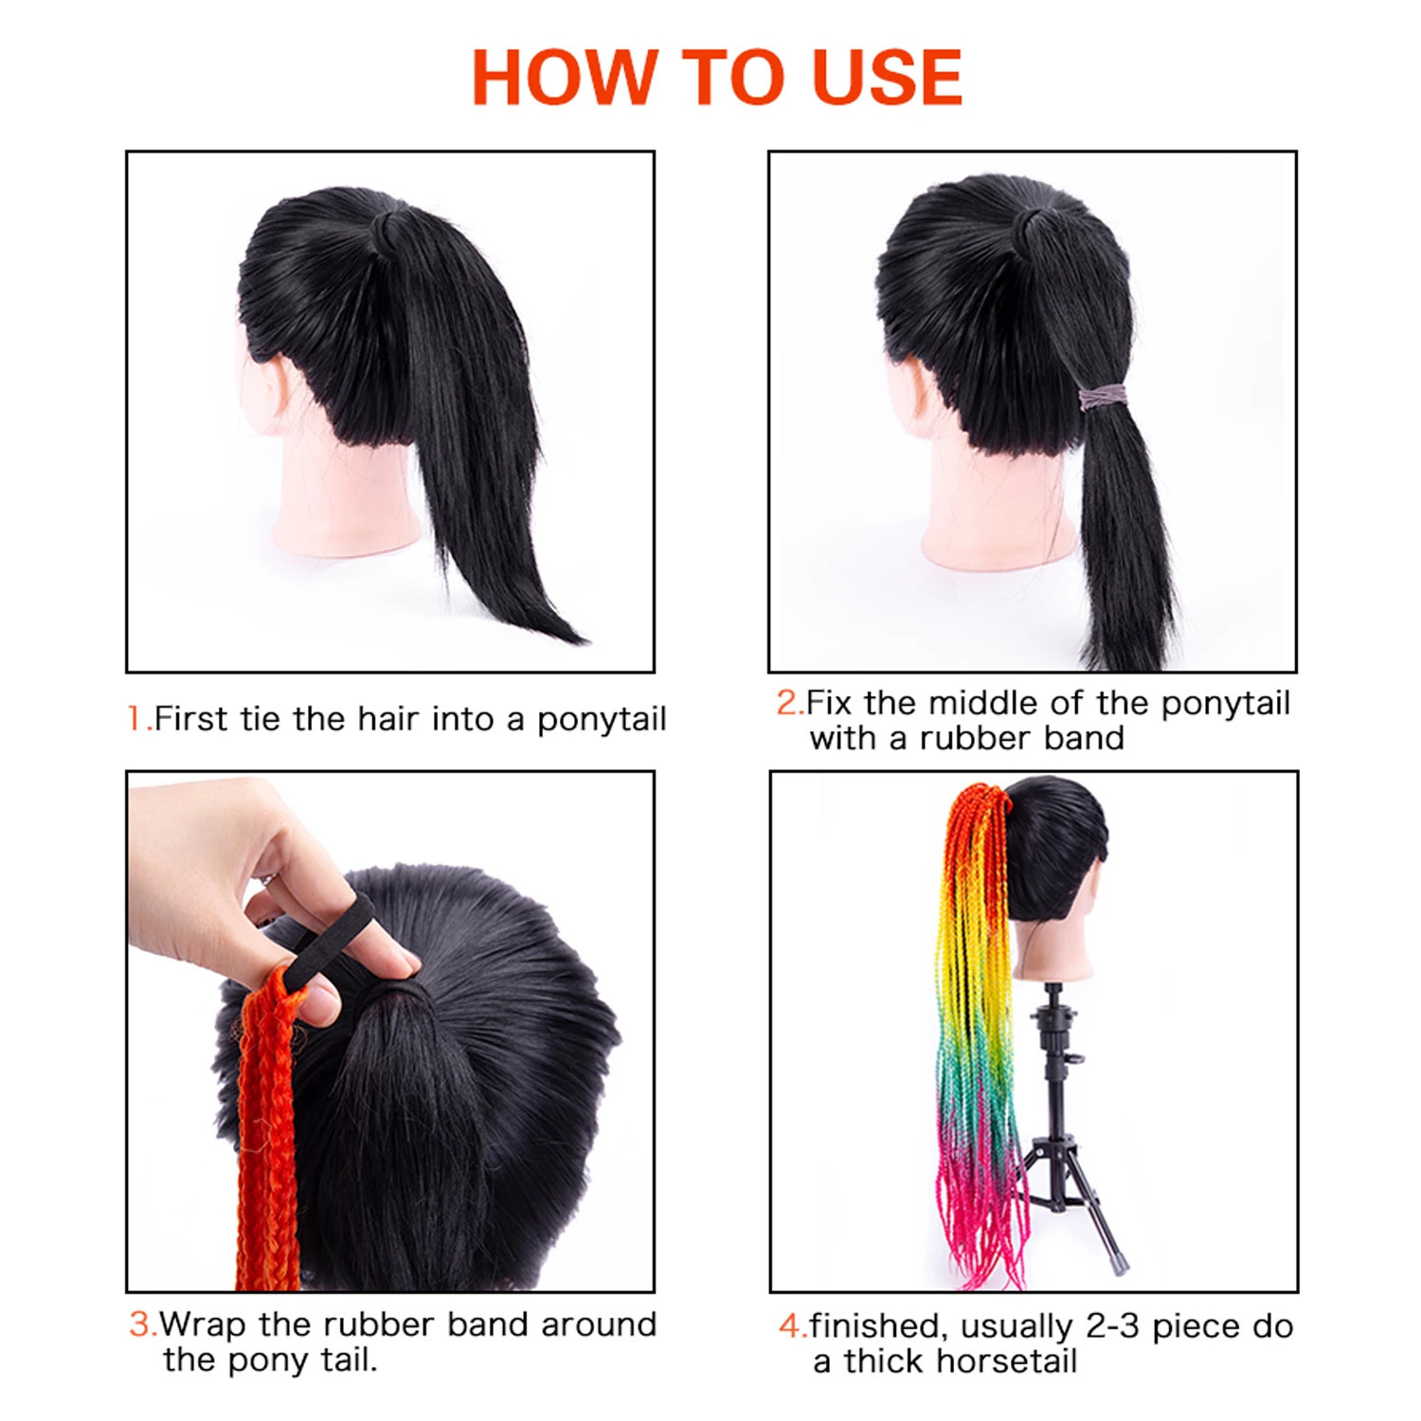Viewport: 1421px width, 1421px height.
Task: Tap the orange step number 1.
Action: [135, 719]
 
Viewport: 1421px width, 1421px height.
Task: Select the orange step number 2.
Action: [787, 703]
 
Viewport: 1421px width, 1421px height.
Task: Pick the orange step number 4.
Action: [790, 1326]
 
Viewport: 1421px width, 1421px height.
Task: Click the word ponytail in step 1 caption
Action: [602, 720]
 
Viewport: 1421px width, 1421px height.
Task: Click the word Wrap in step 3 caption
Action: [201, 1324]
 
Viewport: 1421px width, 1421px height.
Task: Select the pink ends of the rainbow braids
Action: [985, 1222]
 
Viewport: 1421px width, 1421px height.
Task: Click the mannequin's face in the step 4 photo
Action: [1089, 909]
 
